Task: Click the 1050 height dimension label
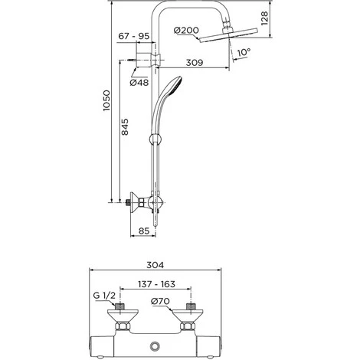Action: point(106,100)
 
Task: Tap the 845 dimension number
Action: point(125,127)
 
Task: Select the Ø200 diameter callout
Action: point(186,30)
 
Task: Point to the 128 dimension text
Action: point(264,18)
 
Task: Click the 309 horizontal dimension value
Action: point(195,62)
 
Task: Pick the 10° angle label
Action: point(244,52)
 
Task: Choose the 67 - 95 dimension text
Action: point(134,36)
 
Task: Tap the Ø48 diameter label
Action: point(139,83)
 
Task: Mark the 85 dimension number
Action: point(144,231)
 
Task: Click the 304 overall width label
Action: point(155,265)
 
